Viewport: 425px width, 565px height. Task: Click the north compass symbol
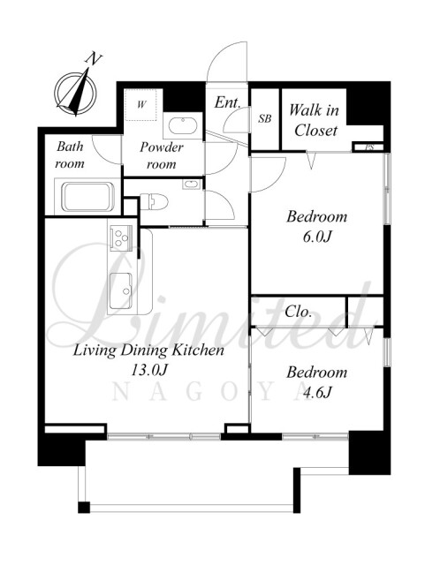click(x=75, y=92)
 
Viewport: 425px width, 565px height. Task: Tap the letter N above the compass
click(x=95, y=59)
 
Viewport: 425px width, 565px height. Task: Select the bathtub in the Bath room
click(x=87, y=197)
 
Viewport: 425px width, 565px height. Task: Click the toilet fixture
click(x=154, y=201)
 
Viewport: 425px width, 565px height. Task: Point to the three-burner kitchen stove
click(x=120, y=237)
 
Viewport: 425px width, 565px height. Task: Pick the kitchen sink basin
click(x=121, y=290)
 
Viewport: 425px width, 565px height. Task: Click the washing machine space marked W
click(x=140, y=104)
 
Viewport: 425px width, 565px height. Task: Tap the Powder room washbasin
click(x=183, y=125)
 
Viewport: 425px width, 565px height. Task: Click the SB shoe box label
click(x=264, y=118)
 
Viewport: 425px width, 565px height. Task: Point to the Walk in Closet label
click(x=315, y=120)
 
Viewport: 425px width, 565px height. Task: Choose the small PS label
click(x=368, y=147)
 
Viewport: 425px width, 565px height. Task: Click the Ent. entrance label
click(x=227, y=102)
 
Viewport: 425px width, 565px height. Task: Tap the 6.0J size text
click(x=316, y=237)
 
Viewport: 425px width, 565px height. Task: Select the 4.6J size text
click(x=316, y=392)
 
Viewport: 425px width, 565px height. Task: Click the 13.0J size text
click(x=149, y=370)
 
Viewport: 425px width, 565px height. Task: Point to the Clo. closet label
click(x=298, y=312)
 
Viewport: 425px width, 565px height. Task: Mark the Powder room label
click(x=162, y=155)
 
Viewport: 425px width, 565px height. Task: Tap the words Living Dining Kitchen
click(x=148, y=350)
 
